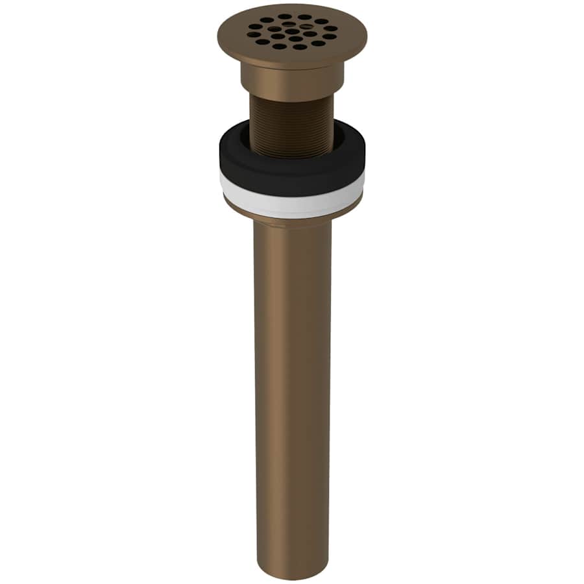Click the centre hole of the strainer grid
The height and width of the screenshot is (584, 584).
(x=293, y=31)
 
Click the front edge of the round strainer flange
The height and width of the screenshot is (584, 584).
(x=292, y=61)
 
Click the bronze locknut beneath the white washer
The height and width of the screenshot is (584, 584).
(x=292, y=217)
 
